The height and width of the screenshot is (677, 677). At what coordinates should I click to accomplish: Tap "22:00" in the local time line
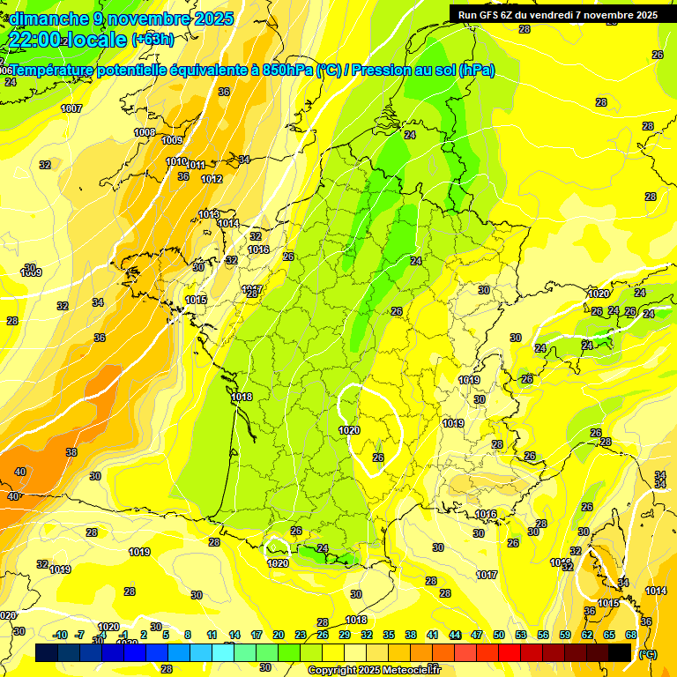pyautogui.click(x=34, y=40)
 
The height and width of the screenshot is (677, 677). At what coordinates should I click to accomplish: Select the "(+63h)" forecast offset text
pyautogui.click(x=153, y=40)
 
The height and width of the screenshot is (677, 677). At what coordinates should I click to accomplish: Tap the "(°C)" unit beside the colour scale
pyautogui.click(x=648, y=653)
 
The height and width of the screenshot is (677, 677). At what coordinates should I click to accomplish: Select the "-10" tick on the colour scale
pyautogui.click(x=60, y=635)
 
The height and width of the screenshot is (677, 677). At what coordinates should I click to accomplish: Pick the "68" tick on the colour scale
pyautogui.click(x=631, y=635)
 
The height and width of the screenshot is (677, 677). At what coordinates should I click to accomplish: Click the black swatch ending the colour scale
pyautogui.click(x=620, y=652)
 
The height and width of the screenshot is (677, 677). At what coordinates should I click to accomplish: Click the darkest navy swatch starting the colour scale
pyautogui.click(x=47, y=652)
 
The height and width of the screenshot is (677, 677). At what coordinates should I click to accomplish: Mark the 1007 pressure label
pyautogui.click(x=71, y=108)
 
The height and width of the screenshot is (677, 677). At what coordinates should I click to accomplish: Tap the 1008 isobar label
pyautogui.click(x=145, y=132)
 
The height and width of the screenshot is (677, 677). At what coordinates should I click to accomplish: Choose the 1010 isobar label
pyautogui.click(x=176, y=161)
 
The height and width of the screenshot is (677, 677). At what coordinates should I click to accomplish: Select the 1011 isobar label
pyautogui.click(x=196, y=165)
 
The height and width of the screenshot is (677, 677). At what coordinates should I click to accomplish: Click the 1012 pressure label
pyautogui.click(x=212, y=179)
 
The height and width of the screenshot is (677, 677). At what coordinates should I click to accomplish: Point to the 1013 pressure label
pyautogui.click(x=209, y=214)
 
